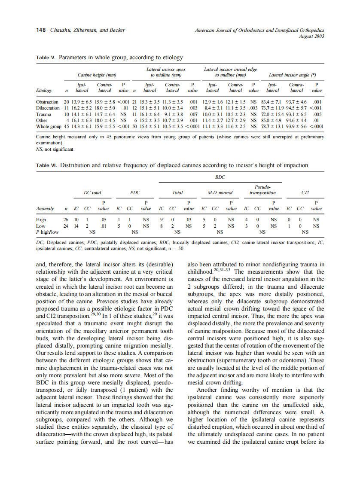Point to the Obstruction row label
point(47,102)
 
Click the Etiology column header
point(44,91)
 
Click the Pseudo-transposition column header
point(262,190)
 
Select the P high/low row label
point(48,232)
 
